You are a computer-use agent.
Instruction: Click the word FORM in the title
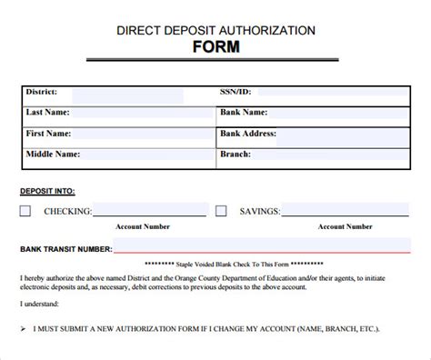click(215, 46)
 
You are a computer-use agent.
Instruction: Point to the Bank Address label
click(247, 134)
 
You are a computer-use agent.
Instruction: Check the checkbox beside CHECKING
click(25, 211)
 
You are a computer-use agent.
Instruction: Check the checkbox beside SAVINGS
click(221, 211)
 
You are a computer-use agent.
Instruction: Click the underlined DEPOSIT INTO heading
click(47, 191)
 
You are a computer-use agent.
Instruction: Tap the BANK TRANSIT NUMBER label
click(65, 248)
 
